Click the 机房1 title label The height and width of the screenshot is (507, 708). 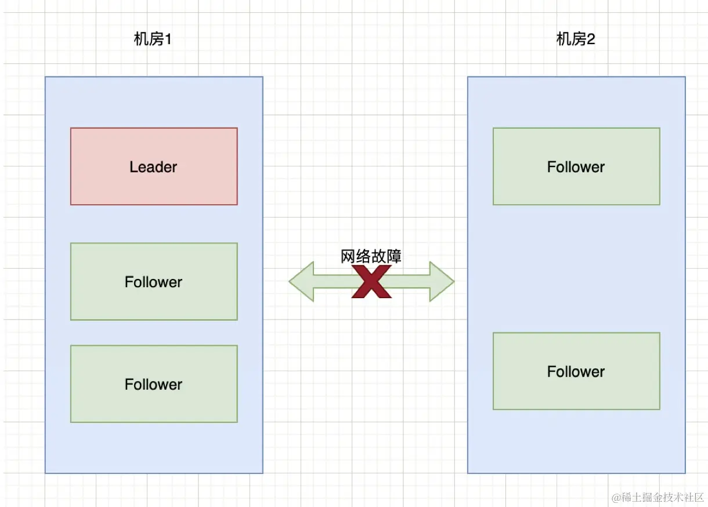(153, 39)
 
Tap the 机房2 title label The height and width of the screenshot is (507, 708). (576, 39)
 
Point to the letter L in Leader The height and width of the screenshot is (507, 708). (133, 167)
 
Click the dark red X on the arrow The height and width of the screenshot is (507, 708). (371, 283)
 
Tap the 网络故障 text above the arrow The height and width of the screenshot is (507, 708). (371, 256)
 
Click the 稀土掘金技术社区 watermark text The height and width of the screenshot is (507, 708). (662, 497)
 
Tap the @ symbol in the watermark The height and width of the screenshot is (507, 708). (616, 497)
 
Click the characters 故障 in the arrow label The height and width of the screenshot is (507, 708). (386, 256)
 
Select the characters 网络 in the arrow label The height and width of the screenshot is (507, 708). (356, 256)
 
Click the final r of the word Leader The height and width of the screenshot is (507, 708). (174, 168)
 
